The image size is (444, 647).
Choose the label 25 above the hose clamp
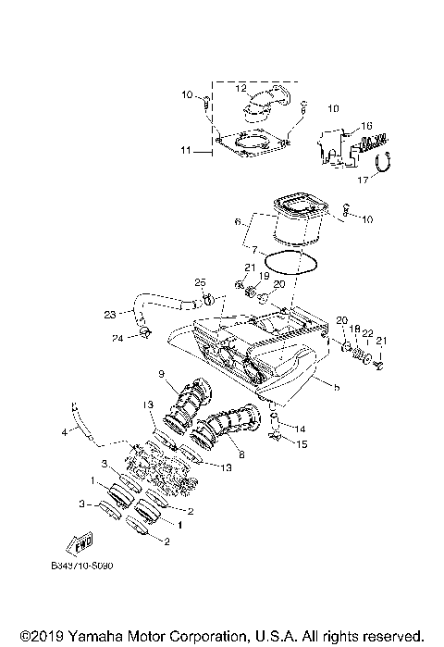pyautogui.click(x=199, y=281)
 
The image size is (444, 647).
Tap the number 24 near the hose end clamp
pyautogui.click(x=117, y=338)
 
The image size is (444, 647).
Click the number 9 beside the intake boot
pyautogui.click(x=161, y=374)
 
